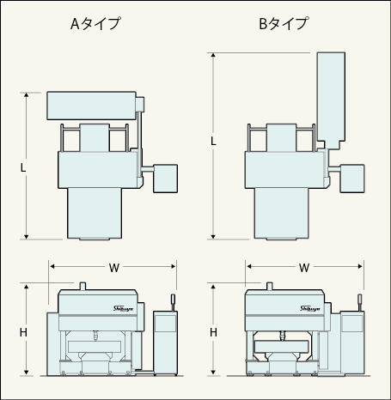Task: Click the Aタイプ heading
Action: (x=95, y=23)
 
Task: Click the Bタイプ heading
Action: (x=284, y=23)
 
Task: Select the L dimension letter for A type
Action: (x=23, y=167)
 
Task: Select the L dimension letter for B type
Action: (x=213, y=141)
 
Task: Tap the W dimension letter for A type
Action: (x=113, y=268)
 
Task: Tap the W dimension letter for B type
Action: (x=304, y=268)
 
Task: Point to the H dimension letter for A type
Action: (x=23, y=332)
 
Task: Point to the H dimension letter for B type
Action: (x=213, y=332)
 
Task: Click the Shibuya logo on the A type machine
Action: (x=123, y=308)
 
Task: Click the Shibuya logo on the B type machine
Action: (x=310, y=308)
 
